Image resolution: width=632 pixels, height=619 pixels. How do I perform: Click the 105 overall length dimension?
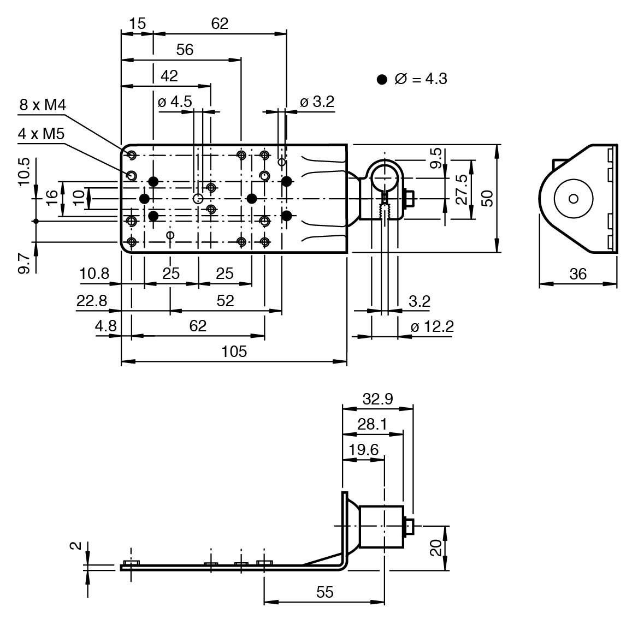click(234, 351)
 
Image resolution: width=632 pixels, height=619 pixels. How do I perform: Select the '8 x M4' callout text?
click(43, 105)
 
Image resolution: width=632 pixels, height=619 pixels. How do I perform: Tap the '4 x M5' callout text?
click(41, 133)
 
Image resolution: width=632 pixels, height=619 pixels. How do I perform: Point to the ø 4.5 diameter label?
click(175, 102)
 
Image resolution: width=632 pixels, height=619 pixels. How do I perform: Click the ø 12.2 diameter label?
click(432, 326)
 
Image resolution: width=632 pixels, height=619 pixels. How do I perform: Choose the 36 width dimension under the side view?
click(577, 274)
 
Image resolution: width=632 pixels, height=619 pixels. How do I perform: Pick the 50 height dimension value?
click(487, 198)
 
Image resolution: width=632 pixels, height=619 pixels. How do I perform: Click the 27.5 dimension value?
click(462, 189)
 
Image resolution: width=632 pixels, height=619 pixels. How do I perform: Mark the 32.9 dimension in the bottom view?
click(377, 398)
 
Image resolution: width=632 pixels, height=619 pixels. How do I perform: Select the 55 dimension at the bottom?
click(325, 592)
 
